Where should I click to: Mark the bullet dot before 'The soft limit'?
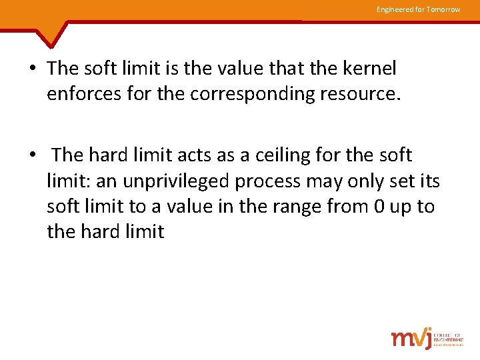(x=33, y=69)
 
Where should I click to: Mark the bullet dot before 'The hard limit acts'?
(x=33, y=156)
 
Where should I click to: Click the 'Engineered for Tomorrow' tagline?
(x=418, y=9)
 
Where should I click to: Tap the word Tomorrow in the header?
(x=443, y=9)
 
